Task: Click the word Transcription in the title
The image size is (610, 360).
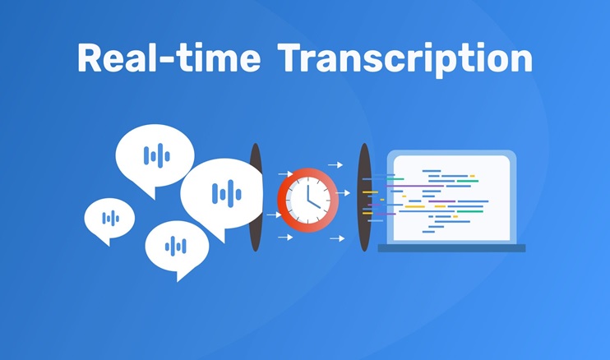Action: pyautogui.click(x=404, y=59)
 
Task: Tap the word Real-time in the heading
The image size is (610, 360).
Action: pyautogui.click(x=169, y=58)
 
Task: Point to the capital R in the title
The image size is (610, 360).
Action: pyautogui.click(x=90, y=58)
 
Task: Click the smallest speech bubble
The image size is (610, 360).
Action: pyautogui.click(x=109, y=219)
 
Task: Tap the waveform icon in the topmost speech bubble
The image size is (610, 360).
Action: pyautogui.click(x=157, y=155)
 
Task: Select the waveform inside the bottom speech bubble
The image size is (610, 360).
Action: pyautogui.click(x=176, y=246)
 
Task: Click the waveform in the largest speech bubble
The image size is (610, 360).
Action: pyautogui.click(x=226, y=193)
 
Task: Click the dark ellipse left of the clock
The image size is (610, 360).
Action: pyautogui.click(x=255, y=197)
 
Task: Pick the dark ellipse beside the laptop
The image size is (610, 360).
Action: pyautogui.click(x=364, y=197)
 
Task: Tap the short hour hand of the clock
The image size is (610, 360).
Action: pyautogui.click(x=314, y=204)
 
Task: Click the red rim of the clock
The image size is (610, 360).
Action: pyautogui.click(x=283, y=201)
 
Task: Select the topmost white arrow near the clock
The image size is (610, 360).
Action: pyautogui.click(x=335, y=165)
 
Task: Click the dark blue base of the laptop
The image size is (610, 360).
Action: pyautogui.click(x=451, y=248)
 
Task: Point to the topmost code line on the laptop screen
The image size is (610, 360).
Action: pyautogui.click(x=432, y=171)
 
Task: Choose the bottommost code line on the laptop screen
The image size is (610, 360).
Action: pyautogui.click(x=428, y=232)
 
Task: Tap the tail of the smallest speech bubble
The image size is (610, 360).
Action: pyautogui.click(x=104, y=240)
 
